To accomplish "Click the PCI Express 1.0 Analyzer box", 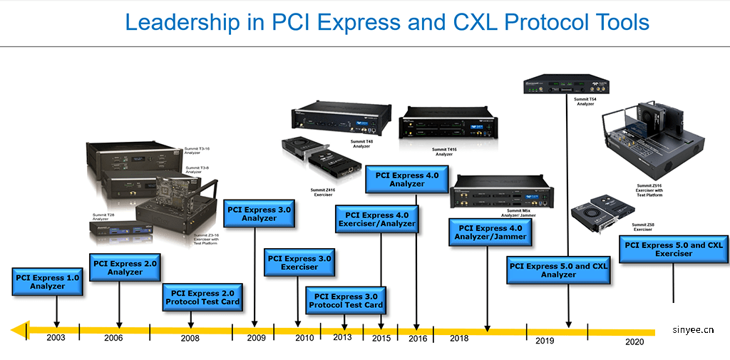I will click(48, 281).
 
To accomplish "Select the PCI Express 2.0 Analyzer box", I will click(125, 267).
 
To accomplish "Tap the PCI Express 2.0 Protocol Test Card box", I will click(203, 298).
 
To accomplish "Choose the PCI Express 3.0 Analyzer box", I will click(259, 213).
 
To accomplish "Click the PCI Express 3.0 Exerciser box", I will click(299, 262).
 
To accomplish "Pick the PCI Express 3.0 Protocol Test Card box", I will click(346, 300).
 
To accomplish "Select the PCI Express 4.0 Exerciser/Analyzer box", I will click(376, 220).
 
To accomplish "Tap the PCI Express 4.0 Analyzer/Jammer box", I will click(490, 232).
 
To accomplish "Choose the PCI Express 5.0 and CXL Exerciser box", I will click(674, 249).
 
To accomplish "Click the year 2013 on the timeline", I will click(342, 337).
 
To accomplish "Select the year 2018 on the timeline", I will click(460, 339).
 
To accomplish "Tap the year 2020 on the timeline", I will click(634, 341).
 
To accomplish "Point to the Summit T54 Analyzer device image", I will click(561, 79).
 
